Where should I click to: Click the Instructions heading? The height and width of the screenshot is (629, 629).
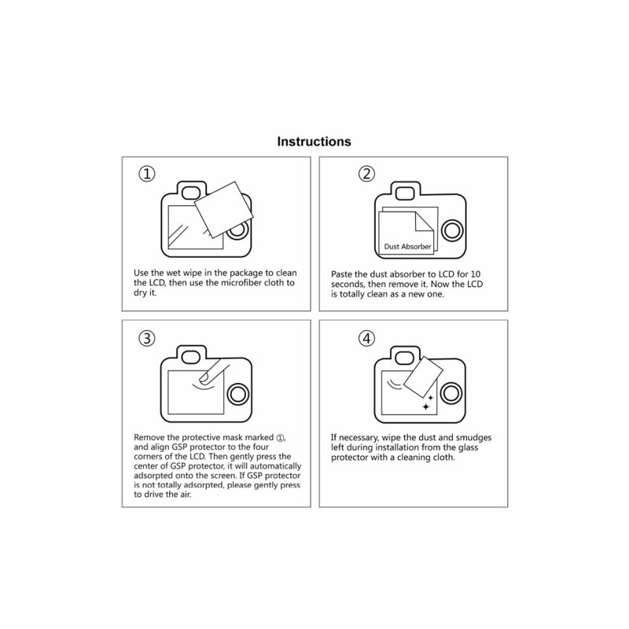314,142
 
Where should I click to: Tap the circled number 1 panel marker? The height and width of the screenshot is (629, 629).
147,174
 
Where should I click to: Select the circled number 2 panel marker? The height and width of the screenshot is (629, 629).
366,174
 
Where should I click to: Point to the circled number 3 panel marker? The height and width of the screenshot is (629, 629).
147,338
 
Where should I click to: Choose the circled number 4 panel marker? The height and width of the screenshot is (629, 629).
366,338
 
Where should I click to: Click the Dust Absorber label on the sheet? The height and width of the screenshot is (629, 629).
407,247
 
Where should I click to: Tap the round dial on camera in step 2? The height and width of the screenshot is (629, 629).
452,230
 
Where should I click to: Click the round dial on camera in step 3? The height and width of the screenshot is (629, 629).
238,395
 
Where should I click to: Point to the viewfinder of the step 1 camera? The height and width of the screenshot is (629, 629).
191,193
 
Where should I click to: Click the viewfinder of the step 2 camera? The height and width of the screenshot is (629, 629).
405,193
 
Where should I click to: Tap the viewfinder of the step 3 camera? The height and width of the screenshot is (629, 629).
191,357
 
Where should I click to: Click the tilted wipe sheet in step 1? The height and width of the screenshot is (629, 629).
224,210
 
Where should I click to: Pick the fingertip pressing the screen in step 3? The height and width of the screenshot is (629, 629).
205,378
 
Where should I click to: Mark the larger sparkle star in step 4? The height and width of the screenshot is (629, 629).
425,407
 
